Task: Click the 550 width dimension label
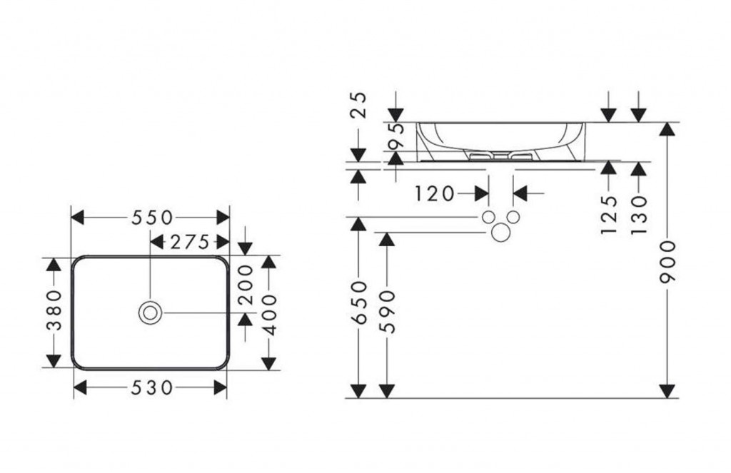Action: [151, 217]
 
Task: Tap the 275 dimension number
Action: [189, 242]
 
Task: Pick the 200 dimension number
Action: [246, 284]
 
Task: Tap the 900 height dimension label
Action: [667, 262]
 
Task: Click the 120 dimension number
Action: [433, 193]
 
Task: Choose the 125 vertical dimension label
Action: [608, 214]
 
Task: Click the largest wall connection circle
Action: [501, 231]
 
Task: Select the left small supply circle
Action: [489, 217]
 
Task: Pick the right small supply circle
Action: [513, 217]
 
